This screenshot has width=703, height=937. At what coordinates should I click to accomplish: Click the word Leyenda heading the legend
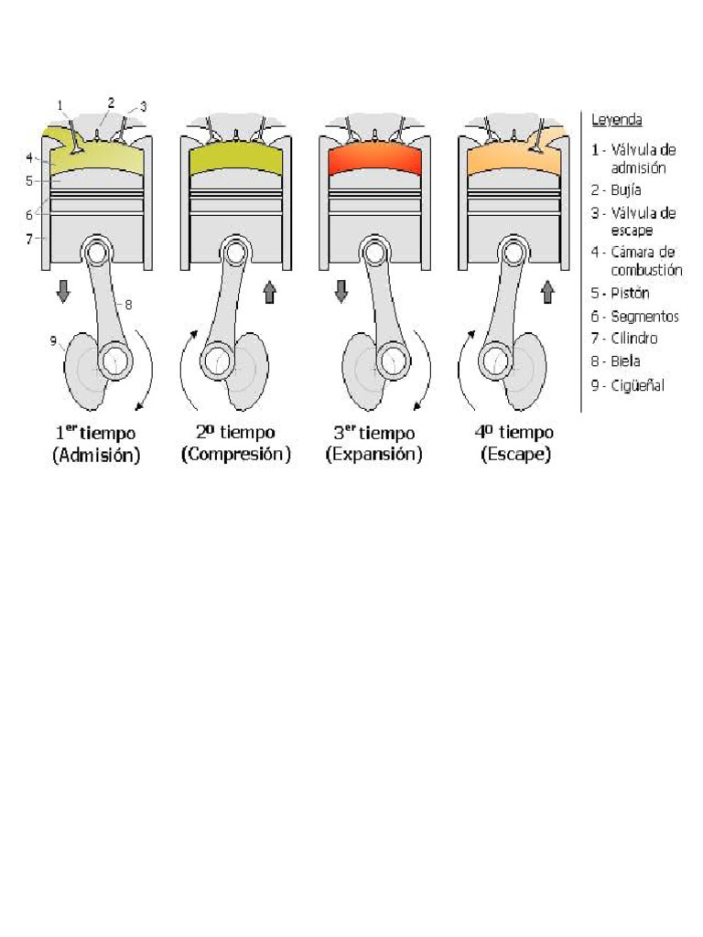[x=616, y=120]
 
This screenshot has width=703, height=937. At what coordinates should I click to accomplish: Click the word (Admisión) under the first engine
[x=96, y=455]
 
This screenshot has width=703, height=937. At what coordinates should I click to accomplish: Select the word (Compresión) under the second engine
[x=235, y=455]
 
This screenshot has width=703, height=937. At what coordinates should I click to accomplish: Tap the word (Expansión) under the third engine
[x=373, y=455]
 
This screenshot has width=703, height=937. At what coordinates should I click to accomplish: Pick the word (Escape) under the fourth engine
[x=515, y=455]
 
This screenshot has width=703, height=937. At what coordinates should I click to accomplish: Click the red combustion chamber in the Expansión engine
[x=374, y=160]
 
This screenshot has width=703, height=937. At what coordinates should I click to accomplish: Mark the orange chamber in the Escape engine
[x=514, y=161]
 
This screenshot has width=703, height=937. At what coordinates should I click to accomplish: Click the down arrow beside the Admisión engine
[x=63, y=293]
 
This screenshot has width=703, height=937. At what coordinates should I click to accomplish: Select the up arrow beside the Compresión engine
[x=270, y=293]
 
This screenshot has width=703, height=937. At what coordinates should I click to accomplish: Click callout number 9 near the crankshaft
[x=54, y=341]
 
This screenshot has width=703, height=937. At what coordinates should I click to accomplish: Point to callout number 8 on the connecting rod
[x=128, y=305]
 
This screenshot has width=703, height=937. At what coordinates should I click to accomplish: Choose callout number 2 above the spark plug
[x=111, y=102]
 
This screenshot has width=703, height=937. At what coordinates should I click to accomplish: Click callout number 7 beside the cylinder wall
[x=30, y=238]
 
